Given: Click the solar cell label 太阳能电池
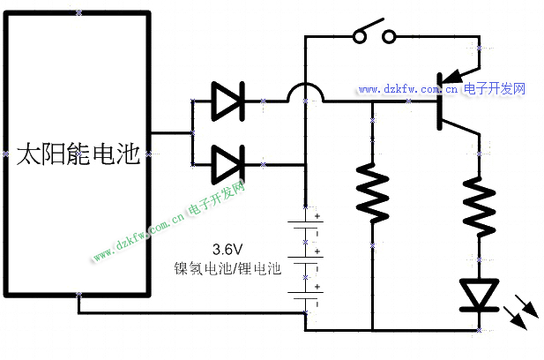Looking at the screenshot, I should click(x=78, y=156).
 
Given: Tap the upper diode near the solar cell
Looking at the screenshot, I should click(x=227, y=101).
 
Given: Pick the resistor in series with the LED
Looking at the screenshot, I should click(x=480, y=203).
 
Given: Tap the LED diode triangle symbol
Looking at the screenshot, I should click(x=480, y=294).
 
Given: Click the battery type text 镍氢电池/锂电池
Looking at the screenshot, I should click(x=227, y=267).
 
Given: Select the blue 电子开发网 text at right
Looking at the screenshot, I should click(x=495, y=89).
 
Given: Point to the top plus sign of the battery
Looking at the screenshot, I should click(x=315, y=217).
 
